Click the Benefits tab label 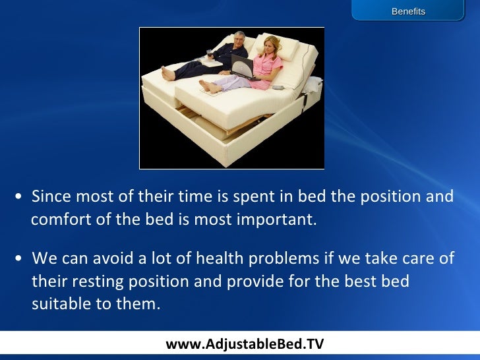coord(408,12)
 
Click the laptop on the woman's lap coord(242,65)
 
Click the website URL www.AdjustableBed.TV coord(245,344)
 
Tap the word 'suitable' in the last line coord(58,305)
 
